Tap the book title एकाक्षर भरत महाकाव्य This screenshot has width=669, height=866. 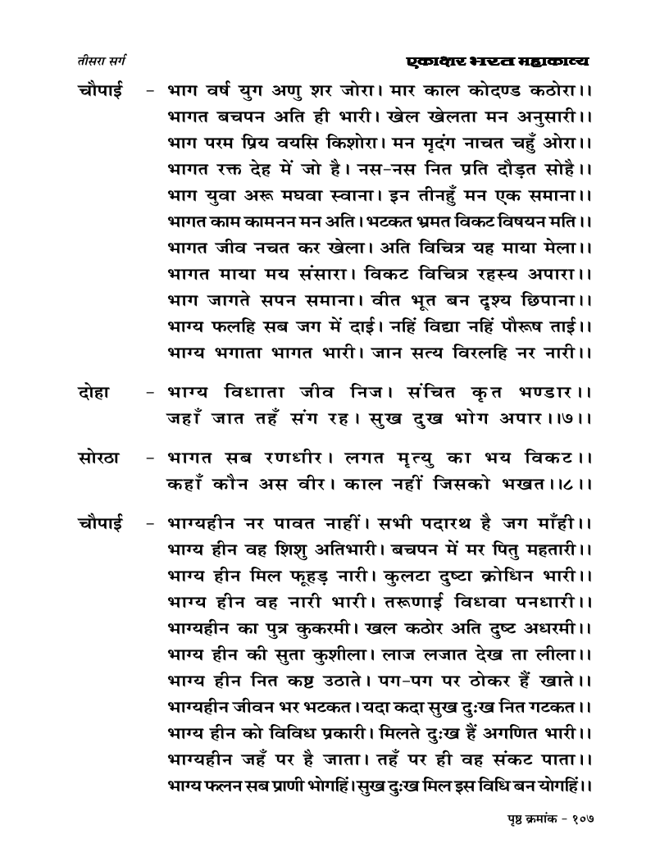point(499,61)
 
